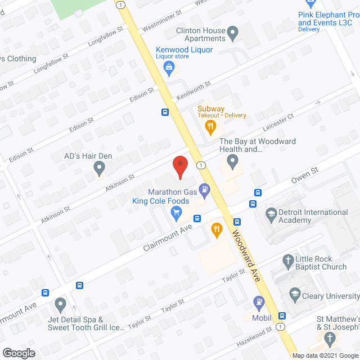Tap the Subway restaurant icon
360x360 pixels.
[211, 127]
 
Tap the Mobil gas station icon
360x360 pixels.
[259, 302]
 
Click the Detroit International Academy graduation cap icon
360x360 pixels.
[271, 214]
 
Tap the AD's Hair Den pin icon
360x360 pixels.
[99, 167]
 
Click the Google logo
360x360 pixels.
[18, 353]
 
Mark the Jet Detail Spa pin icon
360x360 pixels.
[61, 304]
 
